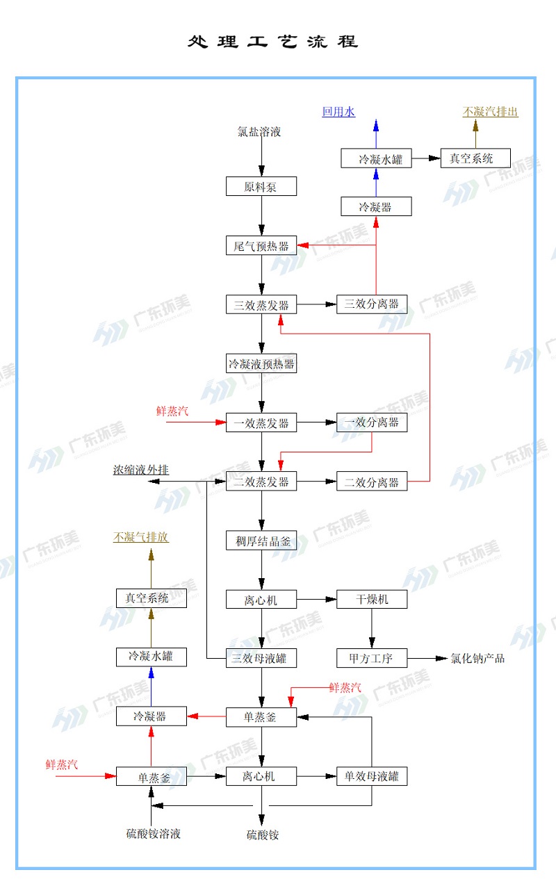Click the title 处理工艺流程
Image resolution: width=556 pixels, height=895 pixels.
coord(272,42)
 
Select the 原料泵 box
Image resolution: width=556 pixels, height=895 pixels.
coord(261,187)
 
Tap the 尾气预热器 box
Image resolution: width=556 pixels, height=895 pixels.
coord(261,245)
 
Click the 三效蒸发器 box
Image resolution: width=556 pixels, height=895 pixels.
coord(261,304)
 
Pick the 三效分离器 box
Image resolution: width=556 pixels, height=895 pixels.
coord(372,304)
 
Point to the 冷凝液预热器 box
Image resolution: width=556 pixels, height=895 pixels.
coord(261,363)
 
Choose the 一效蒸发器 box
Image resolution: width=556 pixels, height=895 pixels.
coord(261,422)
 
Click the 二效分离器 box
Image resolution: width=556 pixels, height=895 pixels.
coord(372,482)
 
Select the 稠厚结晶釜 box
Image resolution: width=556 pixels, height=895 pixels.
coord(261,541)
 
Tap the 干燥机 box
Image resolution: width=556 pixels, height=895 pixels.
coord(372,599)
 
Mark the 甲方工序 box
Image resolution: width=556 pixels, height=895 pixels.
coord(372,657)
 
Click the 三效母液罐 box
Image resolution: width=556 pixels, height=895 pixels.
coord(261,657)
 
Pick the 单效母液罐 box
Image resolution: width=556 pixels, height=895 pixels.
coord(372,776)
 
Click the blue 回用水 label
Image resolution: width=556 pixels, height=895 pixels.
coord(338,112)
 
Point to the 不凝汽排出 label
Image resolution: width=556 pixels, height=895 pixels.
coord(491,112)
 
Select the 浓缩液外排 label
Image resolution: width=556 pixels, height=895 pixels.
coord(141,470)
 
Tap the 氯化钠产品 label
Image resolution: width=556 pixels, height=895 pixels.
coord(477,658)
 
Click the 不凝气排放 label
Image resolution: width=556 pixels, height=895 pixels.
coord(141,537)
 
